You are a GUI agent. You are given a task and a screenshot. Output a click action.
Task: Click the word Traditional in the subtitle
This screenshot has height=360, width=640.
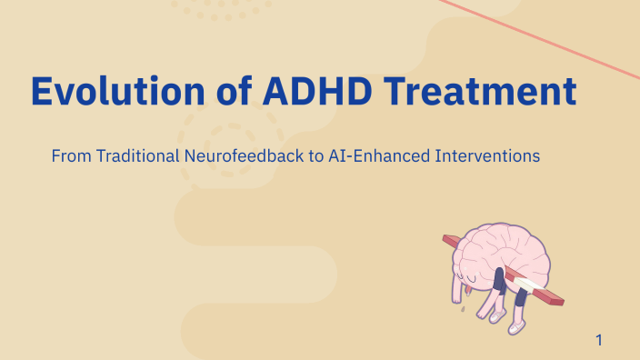136,156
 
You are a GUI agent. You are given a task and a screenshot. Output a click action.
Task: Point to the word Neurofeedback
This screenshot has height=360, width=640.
245,156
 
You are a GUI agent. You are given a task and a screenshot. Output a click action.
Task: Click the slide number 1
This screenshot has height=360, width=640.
599,341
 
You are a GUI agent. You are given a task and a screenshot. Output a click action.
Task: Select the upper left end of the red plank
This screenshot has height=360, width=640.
448,241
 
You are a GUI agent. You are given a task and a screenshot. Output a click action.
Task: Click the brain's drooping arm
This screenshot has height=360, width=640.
456,289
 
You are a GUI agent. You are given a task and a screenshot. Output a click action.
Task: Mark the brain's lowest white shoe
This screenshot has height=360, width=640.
515,328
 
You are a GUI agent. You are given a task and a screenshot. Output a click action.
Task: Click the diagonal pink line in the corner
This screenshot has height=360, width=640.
545,36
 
